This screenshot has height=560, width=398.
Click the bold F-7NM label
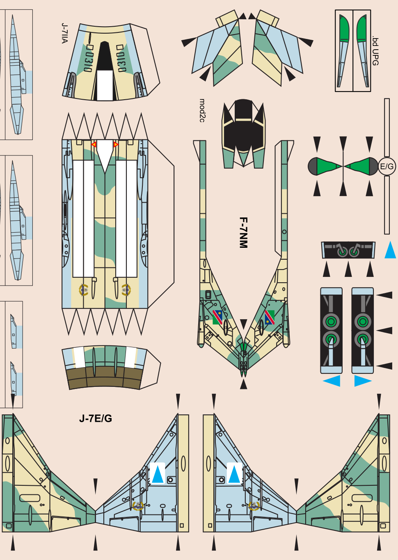(x=243, y=233)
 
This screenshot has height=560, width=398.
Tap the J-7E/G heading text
(x=96, y=418)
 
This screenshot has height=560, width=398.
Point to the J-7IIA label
(x=64, y=33)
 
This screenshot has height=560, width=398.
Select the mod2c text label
(x=202, y=110)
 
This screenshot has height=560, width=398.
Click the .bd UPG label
(x=375, y=51)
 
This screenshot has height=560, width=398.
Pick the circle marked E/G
(x=387, y=166)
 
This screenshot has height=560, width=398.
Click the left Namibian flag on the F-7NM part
(x=217, y=317)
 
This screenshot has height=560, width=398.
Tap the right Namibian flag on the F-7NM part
(x=270, y=317)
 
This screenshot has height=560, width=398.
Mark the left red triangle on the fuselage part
(x=94, y=144)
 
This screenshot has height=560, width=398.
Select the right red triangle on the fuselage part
(x=116, y=144)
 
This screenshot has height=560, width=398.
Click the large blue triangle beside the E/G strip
(x=390, y=249)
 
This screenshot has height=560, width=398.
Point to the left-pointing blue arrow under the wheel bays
(x=332, y=381)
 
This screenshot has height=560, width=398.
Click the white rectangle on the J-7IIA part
(x=105, y=85)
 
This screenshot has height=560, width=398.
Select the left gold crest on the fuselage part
(x=84, y=290)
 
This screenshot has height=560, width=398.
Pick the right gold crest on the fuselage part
(x=126, y=290)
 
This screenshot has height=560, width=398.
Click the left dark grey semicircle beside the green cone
(x=313, y=166)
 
